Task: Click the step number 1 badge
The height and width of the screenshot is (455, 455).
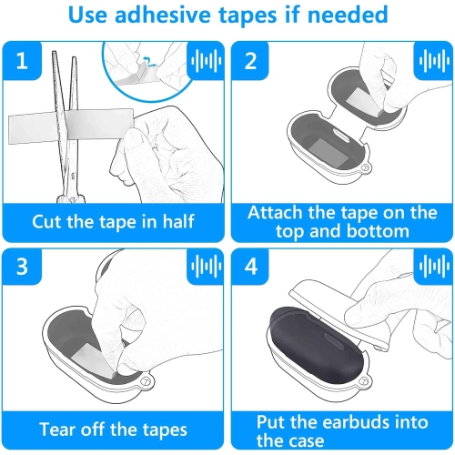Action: point(22,60)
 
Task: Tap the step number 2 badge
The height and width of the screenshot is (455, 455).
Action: point(250,60)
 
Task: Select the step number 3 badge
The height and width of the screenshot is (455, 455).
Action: point(22,267)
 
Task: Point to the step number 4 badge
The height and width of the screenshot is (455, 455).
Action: point(250,267)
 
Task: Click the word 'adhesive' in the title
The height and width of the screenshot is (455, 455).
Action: point(163,15)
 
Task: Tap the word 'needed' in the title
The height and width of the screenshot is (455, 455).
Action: point(348,15)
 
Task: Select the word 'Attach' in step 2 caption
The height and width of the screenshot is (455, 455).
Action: point(276,212)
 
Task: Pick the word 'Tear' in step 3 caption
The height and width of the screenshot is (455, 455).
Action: point(57,430)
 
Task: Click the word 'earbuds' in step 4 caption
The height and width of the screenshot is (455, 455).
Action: point(357,421)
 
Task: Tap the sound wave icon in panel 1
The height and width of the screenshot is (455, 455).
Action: point(206,61)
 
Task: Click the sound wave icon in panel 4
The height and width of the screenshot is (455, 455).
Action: point(434,267)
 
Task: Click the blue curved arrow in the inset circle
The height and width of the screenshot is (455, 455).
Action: point(148,61)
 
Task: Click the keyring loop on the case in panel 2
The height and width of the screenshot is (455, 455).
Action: point(366,167)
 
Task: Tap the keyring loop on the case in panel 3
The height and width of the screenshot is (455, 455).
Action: point(147,381)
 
